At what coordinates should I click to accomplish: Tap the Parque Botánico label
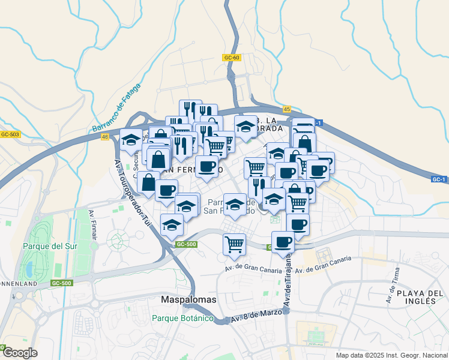182,318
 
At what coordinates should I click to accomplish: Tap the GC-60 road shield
231,58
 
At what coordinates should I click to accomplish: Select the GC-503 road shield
10,134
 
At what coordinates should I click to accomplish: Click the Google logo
19,352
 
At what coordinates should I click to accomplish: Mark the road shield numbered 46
106,137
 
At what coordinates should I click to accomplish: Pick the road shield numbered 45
286,109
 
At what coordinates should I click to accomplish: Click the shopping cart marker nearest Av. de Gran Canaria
234,243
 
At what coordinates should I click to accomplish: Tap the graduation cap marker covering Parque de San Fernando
235,203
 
